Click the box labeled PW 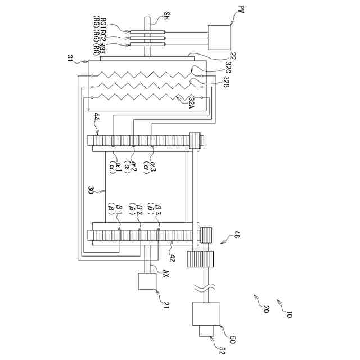click(x=220, y=38)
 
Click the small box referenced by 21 click(x=147, y=281)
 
